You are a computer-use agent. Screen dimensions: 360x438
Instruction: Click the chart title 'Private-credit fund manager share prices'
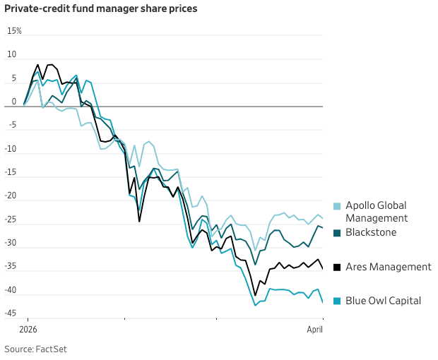pos(101,9)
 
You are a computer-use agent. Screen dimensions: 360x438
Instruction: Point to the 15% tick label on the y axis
pos(14,31)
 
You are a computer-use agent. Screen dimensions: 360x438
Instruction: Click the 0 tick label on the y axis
pos(13,102)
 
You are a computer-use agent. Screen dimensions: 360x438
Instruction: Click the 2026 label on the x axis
pos(28,329)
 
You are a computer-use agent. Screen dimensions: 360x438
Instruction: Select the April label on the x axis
pos(314,329)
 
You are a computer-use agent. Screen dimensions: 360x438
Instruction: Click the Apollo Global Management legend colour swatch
pos(337,206)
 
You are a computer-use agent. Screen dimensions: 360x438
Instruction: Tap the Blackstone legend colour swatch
pos(337,233)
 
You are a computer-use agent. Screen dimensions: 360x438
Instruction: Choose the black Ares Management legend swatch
pos(337,267)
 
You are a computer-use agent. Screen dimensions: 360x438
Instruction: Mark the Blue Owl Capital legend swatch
pos(337,301)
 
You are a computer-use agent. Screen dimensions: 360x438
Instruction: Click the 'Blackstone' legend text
pos(371,232)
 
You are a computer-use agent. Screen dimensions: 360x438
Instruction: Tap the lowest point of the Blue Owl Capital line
pos(256,305)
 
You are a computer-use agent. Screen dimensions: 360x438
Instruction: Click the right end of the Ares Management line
pos(323,268)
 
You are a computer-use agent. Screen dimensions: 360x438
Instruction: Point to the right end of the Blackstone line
pos(323,227)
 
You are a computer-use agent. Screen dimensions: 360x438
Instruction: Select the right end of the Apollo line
pos(323,217)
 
